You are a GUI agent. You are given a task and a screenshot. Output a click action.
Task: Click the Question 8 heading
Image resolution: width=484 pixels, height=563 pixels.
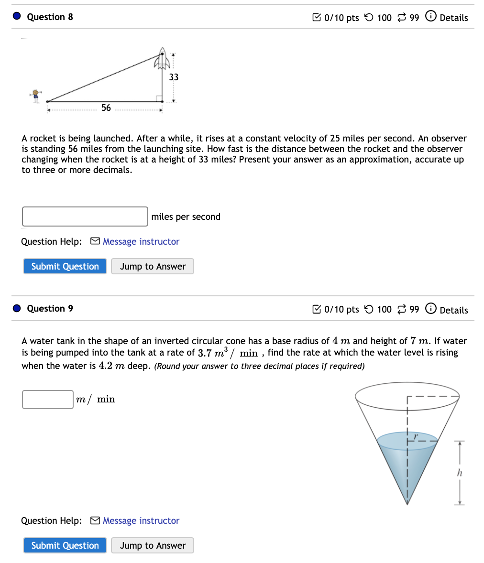point(50,17)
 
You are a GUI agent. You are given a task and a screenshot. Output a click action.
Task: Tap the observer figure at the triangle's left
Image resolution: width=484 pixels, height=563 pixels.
point(35,95)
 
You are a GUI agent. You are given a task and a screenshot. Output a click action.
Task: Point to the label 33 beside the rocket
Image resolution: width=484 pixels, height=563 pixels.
point(174,77)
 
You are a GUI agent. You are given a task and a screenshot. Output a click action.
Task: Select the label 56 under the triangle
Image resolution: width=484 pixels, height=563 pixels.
point(106,108)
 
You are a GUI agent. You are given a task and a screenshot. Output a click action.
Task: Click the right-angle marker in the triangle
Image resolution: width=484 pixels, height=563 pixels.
point(158,98)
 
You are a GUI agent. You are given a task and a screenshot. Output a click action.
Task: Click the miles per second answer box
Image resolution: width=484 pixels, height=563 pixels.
point(85,217)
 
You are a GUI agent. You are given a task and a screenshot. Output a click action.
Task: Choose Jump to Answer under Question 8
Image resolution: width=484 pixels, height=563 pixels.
point(153,266)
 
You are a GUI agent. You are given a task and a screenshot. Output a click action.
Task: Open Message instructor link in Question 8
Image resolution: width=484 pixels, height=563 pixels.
point(141,242)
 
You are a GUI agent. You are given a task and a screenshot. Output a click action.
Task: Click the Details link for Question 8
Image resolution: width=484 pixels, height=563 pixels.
point(453,18)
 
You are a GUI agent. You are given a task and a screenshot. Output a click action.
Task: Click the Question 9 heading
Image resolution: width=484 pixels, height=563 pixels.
point(50,309)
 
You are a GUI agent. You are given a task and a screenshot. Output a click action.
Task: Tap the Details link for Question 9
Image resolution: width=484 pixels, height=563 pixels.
point(453,310)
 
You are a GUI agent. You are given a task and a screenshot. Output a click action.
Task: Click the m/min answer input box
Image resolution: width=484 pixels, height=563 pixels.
point(48,400)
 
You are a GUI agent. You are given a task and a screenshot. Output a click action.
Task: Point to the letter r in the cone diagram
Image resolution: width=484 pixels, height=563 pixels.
point(416,436)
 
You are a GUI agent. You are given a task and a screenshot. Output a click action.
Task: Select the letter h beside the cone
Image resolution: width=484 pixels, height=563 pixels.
point(459,473)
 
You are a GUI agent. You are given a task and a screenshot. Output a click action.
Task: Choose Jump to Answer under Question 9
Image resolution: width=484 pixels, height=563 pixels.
point(153,545)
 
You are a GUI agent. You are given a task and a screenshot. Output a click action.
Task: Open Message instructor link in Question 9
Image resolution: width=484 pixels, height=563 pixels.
point(141,521)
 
